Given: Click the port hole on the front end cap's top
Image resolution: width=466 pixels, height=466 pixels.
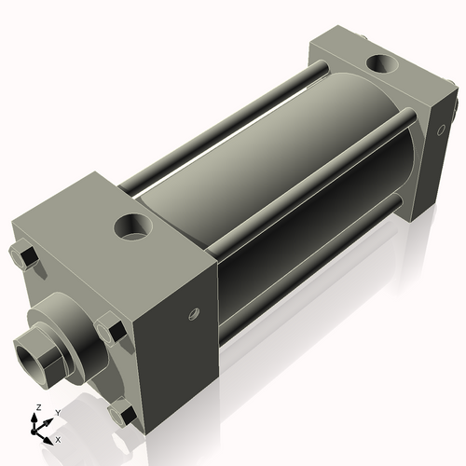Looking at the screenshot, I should click(133, 226).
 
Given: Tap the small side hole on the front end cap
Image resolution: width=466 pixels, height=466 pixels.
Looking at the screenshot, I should click(194, 314).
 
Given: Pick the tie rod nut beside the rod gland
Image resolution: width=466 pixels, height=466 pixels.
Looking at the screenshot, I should click(110, 329).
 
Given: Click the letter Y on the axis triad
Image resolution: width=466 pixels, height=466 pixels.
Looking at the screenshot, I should click(57, 411).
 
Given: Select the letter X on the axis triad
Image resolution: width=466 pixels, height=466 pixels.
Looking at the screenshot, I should click(59, 438).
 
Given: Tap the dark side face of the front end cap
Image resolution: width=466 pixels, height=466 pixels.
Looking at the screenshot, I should click(177, 317).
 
